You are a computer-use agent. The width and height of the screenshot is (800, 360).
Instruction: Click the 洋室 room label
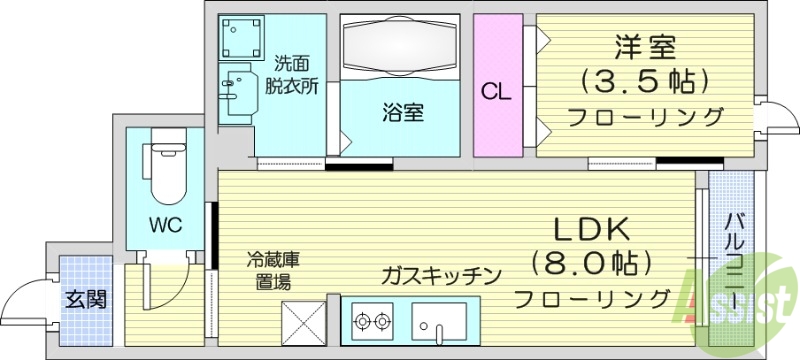(646, 47)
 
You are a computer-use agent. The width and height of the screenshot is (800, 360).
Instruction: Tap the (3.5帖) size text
(645, 81)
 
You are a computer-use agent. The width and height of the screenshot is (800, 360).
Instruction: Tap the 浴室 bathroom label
(402, 113)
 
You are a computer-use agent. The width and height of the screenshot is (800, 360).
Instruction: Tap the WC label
(166, 224)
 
